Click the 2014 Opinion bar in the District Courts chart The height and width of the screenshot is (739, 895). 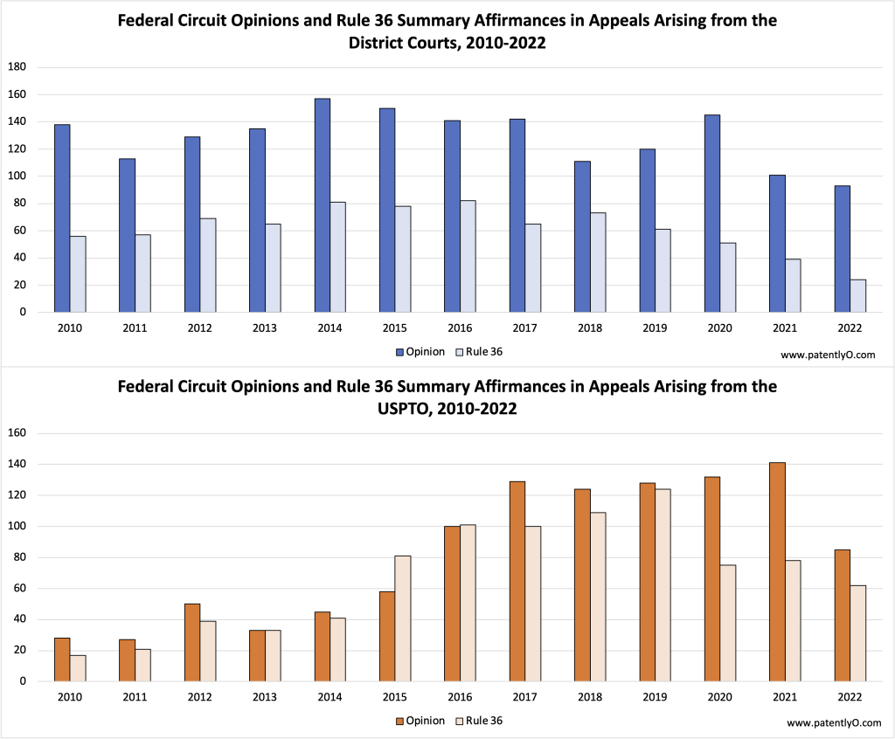click(x=323, y=205)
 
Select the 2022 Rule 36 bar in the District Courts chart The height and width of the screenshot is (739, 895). click(x=859, y=296)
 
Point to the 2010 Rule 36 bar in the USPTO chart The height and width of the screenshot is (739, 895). click(x=78, y=668)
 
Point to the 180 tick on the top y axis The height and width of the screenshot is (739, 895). click(x=17, y=67)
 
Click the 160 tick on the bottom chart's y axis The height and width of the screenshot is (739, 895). click(x=17, y=433)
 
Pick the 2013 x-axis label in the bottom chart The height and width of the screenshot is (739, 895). click(x=265, y=698)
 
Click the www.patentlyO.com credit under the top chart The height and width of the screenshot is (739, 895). click(x=827, y=355)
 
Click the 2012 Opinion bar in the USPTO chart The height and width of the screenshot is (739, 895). click(x=192, y=642)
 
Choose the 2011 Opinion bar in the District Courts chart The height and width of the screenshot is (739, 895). click(x=127, y=235)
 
